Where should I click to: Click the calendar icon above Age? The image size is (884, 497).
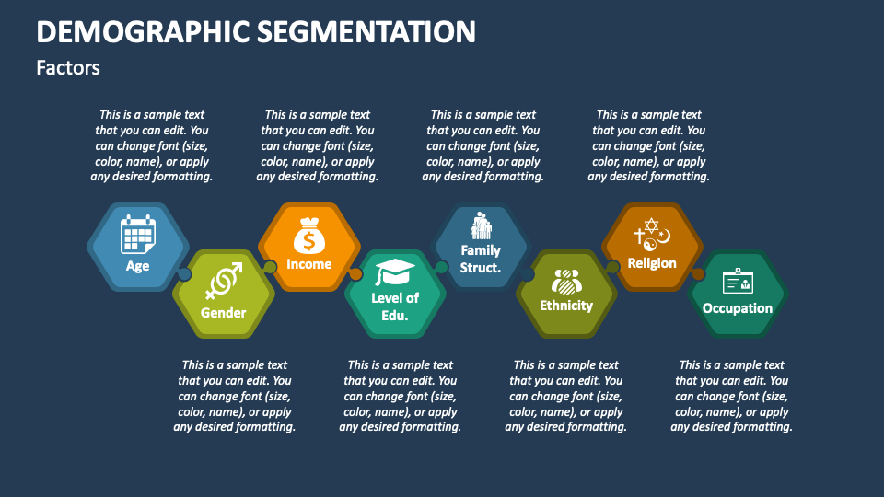click(x=138, y=235)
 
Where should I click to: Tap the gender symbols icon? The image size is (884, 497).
click(x=224, y=280)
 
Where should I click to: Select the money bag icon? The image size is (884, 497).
click(x=308, y=237)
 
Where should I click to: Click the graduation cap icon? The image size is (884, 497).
click(x=395, y=272)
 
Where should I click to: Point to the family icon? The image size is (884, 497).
click(x=481, y=225)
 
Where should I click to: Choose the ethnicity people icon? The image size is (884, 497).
click(x=566, y=280)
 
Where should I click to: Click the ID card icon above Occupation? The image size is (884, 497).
click(x=738, y=281)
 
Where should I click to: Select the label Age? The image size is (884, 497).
click(x=138, y=267)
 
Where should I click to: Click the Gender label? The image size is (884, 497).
click(x=224, y=313)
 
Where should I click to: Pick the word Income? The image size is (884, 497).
click(x=308, y=264)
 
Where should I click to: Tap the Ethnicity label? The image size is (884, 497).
click(x=566, y=306)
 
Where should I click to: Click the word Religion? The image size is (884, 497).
click(x=652, y=263)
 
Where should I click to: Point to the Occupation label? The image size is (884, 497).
click(x=738, y=308)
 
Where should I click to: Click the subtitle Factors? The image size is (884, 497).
click(x=68, y=68)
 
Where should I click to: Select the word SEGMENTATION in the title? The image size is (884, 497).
click(x=366, y=32)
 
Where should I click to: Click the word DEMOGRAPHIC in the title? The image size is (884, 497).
click(x=140, y=32)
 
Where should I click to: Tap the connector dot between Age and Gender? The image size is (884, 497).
click(x=184, y=274)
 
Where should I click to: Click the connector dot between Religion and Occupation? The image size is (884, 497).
click(x=698, y=273)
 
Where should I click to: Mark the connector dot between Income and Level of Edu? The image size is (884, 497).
click(x=355, y=274)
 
